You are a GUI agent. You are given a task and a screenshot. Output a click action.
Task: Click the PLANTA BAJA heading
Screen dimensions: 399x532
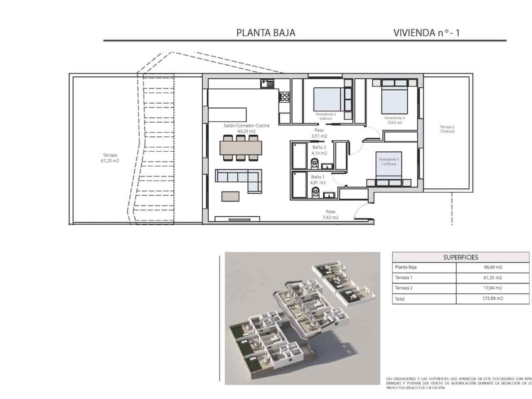pos(266,33)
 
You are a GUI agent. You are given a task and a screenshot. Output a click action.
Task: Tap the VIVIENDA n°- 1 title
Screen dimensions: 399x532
pos(426,33)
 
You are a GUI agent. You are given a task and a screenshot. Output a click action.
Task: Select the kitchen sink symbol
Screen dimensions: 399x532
pos(267,84)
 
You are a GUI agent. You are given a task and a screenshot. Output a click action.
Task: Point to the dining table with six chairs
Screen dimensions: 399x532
pos(241,147)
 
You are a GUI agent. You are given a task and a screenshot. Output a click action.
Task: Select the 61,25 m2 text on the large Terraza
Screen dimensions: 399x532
pos(110,161)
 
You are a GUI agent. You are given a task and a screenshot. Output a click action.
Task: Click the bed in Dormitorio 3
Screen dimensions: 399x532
pos(329,99)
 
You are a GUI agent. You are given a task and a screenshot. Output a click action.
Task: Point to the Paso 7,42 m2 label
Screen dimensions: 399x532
pos(330,214)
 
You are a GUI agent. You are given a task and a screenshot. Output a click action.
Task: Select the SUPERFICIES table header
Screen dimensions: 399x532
pos(461,257)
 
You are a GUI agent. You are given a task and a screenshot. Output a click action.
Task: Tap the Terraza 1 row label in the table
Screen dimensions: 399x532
pos(404,278)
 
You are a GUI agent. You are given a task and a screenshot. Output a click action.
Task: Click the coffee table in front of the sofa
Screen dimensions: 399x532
pos(231,196)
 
